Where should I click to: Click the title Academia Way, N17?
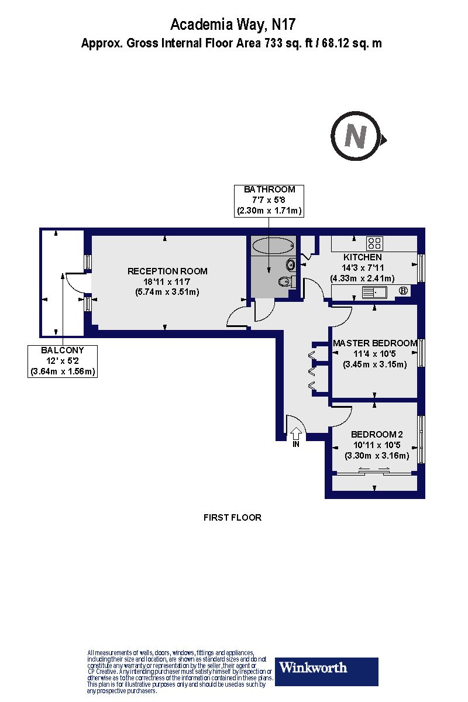pyautogui.click(x=233, y=25)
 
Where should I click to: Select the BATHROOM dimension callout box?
pyautogui.click(x=269, y=200)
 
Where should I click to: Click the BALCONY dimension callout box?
pyautogui.click(x=63, y=361)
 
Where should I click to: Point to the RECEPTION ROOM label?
pyautogui.click(x=167, y=271)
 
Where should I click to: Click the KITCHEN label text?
pyautogui.click(x=362, y=257)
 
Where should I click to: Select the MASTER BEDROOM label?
pyautogui.click(x=374, y=343)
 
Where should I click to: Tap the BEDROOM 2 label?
pyautogui.click(x=377, y=434)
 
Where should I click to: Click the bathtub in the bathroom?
pyautogui.click(x=274, y=246)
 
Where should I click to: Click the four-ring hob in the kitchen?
pyautogui.click(x=374, y=243)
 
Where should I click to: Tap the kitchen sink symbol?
pyautogui.click(x=372, y=292)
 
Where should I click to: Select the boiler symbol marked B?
pyautogui.click(x=402, y=291)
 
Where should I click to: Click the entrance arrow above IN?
pyautogui.click(x=296, y=433)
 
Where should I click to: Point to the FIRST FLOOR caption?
pyautogui.click(x=232, y=517)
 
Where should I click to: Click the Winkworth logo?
pyautogui.click(x=326, y=671)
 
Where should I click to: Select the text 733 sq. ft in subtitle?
pyautogui.click(x=283, y=43)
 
